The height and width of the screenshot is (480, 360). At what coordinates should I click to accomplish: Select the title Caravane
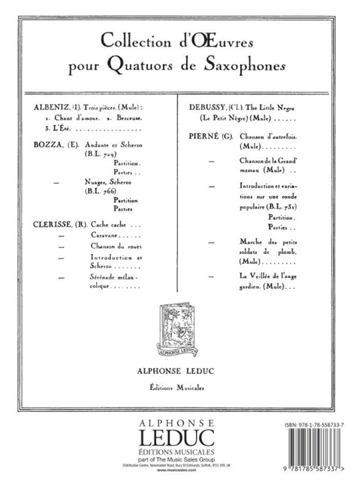pos(104,236)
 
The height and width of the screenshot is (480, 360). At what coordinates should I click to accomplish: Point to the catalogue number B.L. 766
pos(101,192)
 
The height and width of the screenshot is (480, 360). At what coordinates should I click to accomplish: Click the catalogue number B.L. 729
pos(101,154)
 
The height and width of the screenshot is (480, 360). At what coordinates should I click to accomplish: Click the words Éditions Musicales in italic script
pos(178,387)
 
